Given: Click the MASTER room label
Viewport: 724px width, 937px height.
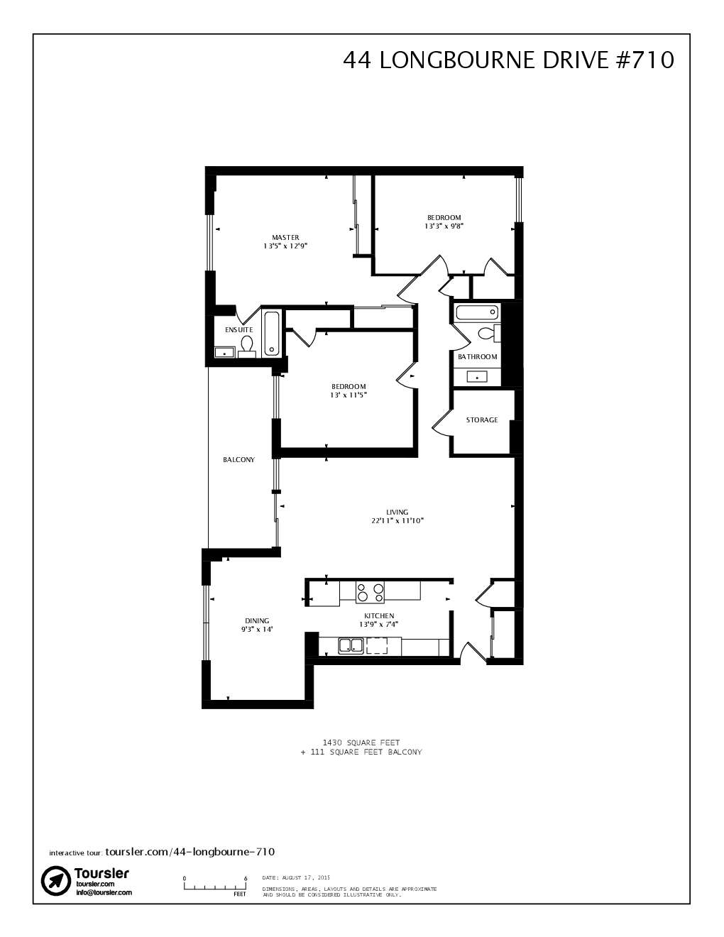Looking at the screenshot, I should [x=285, y=237].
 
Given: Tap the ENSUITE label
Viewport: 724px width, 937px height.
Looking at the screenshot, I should [x=238, y=330].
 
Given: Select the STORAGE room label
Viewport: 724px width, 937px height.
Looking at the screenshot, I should [x=482, y=420].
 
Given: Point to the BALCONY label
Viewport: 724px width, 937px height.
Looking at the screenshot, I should [x=238, y=460].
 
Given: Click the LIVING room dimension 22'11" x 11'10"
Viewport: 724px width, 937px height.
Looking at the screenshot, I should [x=397, y=520].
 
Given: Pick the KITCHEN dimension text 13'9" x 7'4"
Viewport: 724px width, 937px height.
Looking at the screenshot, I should [x=379, y=625].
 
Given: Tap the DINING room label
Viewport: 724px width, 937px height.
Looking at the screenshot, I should [x=257, y=620].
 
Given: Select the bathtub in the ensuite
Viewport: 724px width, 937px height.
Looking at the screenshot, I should [x=271, y=334].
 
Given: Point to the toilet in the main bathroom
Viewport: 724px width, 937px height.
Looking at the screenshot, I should [x=488, y=333].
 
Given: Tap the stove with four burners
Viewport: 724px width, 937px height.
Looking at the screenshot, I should [x=370, y=591].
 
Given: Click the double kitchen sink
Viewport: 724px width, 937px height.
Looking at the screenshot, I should [x=351, y=645].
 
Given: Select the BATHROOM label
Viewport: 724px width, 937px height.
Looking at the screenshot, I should [x=477, y=357].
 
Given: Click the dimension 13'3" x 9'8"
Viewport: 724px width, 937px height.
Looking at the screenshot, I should [x=444, y=226].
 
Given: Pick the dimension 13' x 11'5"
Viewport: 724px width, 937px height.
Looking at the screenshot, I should [x=349, y=395].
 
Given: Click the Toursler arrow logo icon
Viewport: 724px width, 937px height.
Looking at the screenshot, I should [x=55, y=880].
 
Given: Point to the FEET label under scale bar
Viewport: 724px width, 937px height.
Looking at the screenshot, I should [x=239, y=894].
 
